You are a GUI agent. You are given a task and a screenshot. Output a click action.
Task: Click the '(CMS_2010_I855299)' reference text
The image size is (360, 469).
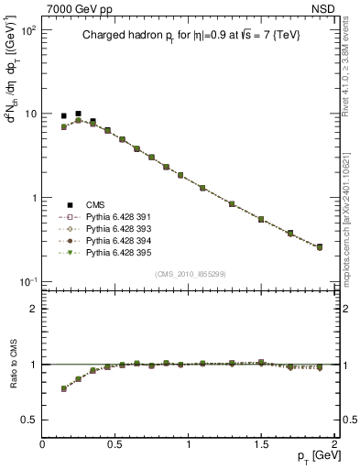191,274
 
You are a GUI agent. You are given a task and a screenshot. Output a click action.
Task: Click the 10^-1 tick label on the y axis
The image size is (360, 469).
27,281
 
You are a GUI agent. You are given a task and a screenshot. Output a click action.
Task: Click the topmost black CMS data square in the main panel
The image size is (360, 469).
78,114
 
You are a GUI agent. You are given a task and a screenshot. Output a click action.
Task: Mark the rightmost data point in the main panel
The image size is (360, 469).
320,247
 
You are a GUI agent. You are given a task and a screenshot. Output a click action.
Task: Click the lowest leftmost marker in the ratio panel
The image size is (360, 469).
63,388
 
